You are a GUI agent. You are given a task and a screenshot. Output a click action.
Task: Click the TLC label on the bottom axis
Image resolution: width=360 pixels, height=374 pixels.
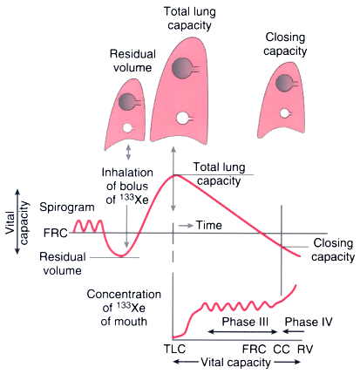click(174, 349)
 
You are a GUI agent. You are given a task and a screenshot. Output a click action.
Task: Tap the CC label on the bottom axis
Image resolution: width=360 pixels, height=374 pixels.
click(282, 349)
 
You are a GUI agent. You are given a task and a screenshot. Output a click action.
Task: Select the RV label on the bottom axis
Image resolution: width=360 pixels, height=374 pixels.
click(305, 349)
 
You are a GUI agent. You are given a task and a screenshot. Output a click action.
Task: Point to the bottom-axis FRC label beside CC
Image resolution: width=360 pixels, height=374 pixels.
click(255, 349)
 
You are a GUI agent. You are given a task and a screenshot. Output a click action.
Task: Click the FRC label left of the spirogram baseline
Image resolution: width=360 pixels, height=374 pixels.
click(55, 233)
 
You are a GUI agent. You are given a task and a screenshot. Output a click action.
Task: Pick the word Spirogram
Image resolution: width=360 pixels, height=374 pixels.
click(67, 207)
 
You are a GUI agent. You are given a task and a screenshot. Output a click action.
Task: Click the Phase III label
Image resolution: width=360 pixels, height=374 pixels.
click(245, 322)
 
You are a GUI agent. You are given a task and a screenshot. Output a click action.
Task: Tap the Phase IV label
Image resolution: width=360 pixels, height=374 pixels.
click(309, 322)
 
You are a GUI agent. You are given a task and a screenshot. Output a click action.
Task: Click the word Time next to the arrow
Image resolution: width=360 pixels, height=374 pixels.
click(208, 225)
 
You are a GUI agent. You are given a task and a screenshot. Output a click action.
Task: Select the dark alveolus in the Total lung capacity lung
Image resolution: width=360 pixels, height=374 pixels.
click(182, 69)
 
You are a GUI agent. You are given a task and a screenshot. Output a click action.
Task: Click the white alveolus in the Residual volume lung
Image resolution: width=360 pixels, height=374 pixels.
click(127, 128)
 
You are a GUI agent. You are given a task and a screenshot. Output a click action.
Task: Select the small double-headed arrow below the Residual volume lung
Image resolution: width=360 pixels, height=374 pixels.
click(128, 153)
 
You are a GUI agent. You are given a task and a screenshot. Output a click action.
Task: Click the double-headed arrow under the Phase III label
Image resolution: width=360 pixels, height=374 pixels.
click(243, 331)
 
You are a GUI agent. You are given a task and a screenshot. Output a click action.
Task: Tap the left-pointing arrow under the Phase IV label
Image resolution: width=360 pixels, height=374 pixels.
click(294, 331)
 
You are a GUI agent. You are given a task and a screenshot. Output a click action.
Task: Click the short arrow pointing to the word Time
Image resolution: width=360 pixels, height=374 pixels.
click(186, 226)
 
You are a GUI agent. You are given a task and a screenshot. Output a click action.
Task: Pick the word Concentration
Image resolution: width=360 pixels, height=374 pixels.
click(124, 295)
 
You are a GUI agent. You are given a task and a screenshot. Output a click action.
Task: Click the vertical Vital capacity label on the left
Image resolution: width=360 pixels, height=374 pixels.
click(17, 222)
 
